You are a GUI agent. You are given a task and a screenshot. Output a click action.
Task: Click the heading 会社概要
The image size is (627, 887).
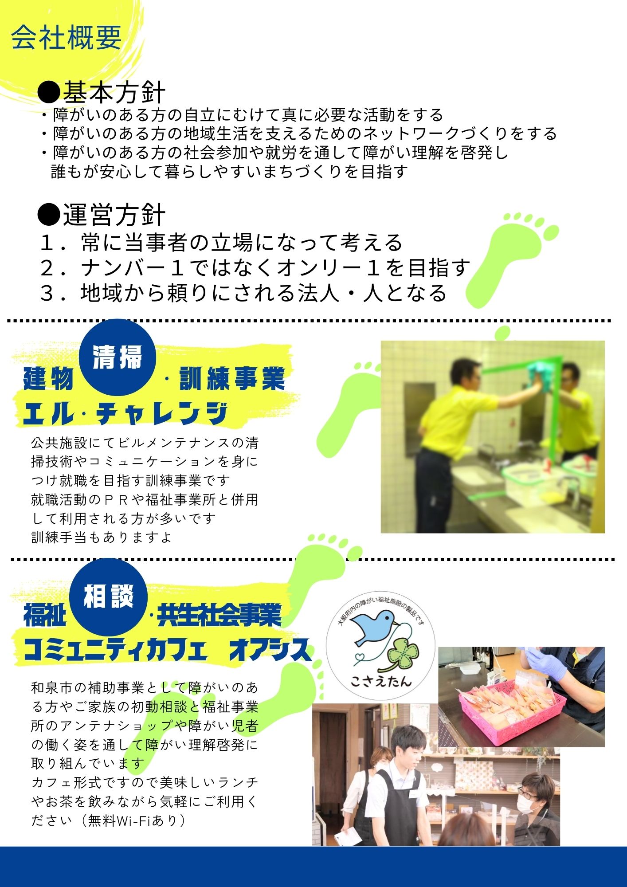(67, 38)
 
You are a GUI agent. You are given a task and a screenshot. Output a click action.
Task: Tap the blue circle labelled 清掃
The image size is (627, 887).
(118, 357)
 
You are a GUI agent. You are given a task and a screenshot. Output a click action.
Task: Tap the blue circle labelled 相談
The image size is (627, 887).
(109, 597)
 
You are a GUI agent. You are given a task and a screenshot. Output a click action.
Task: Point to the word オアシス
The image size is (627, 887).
(270, 650)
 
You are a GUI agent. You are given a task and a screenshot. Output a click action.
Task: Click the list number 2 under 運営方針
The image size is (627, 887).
(47, 268)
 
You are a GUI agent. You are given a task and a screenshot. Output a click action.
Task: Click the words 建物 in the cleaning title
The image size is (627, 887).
(48, 379)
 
